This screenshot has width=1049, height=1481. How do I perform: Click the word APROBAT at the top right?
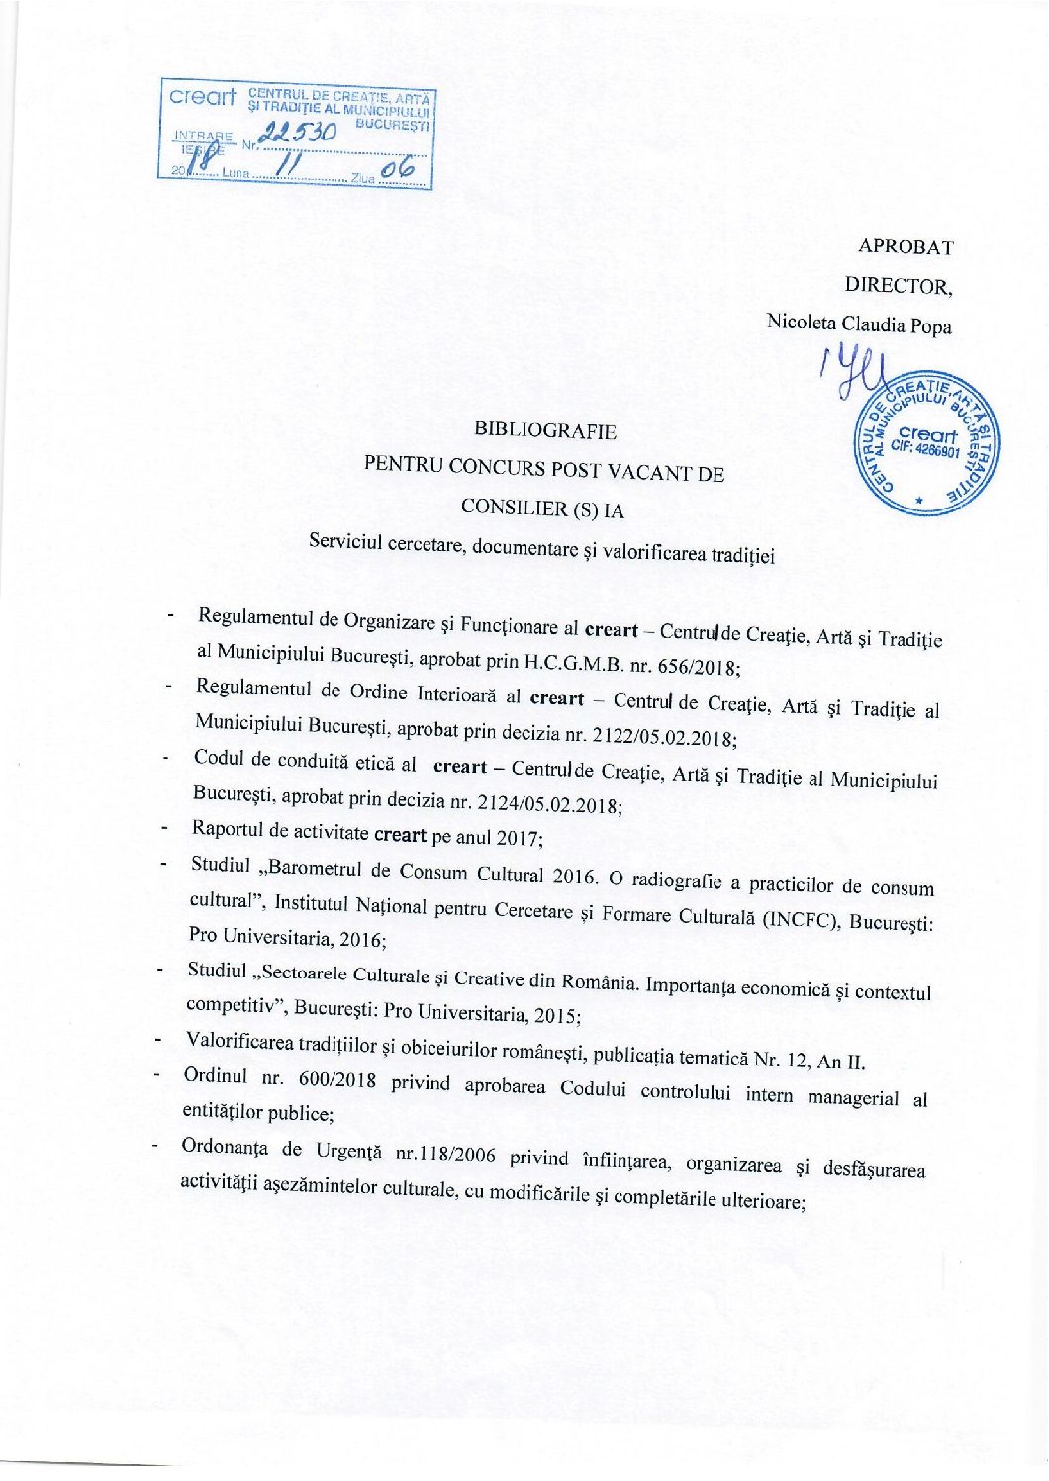[x=905, y=246]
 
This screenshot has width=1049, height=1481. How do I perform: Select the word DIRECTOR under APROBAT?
[x=897, y=285]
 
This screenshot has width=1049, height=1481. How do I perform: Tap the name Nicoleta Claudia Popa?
[x=859, y=323]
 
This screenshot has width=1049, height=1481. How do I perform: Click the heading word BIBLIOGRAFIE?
[x=545, y=430]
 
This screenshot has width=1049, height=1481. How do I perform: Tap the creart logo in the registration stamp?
[x=202, y=97]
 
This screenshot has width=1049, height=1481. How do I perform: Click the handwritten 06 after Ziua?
[x=398, y=171]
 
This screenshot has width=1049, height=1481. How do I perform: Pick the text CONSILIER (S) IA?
[x=542, y=509]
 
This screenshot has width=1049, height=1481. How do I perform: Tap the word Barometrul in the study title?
[x=315, y=870]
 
